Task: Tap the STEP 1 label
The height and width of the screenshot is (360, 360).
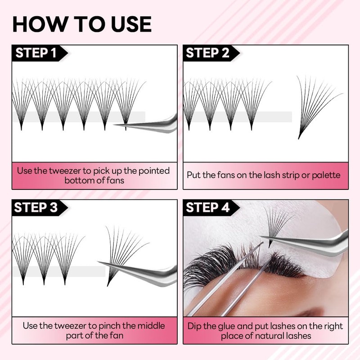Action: click(x=36, y=53)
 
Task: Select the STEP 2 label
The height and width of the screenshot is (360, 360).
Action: click(x=207, y=53)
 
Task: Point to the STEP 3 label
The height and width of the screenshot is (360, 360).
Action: click(x=36, y=207)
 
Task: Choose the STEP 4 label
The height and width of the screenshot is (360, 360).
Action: click(x=207, y=207)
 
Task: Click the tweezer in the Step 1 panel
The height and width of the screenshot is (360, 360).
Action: click(x=153, y=124)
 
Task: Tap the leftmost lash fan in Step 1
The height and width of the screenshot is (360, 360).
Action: click(x=21, y=103)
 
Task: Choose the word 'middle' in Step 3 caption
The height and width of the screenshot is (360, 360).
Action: click(x=146, y=325)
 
